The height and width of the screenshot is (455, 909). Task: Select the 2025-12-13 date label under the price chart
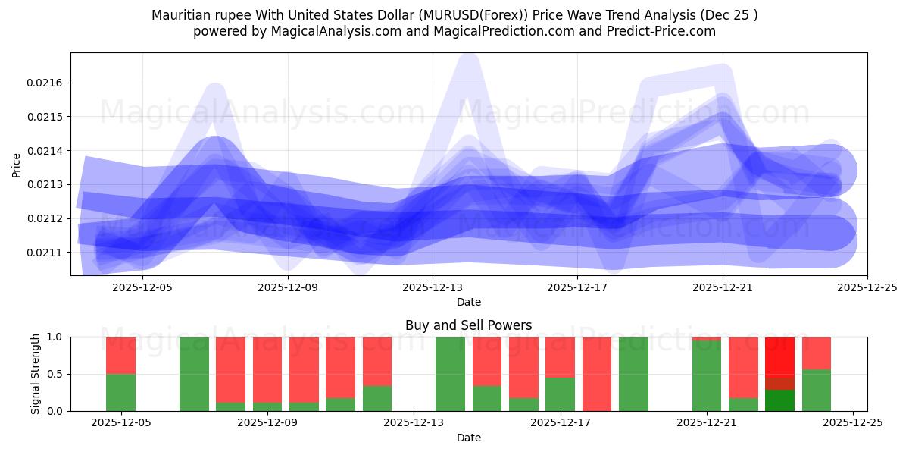pyautogui.click(x=433, y=287)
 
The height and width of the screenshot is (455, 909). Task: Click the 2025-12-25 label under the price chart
pyautogui.click(x=867, y=287)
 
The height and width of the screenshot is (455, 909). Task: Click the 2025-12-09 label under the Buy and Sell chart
pyautogui.click(x=267, y=422)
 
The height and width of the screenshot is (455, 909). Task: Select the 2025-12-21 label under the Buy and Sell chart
pyautogui.click(x=707, y=422)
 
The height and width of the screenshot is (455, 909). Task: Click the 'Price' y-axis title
pyautogui.click(x=17, y=165)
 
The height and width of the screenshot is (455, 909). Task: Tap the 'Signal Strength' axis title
pyautogui.click(x=36, y=374)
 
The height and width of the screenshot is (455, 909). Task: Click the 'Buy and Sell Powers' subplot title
pyautogui.click(x=469, y=325)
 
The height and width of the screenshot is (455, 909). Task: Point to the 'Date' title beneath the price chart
pyautogui.click(x=469, y=302)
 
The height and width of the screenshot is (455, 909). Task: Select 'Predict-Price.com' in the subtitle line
pyautogui.click(x=664, y=31)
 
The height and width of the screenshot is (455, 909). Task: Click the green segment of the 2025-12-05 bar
pyautogui.click(x=120, y=392)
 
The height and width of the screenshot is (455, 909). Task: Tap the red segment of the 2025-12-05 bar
pyautogui.click(x=120, y=355)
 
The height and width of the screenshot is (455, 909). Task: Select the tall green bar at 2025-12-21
pyautogui.click(x=707, y=376)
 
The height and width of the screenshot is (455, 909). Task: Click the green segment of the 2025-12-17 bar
pyautogui.click(x=561, y=394)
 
